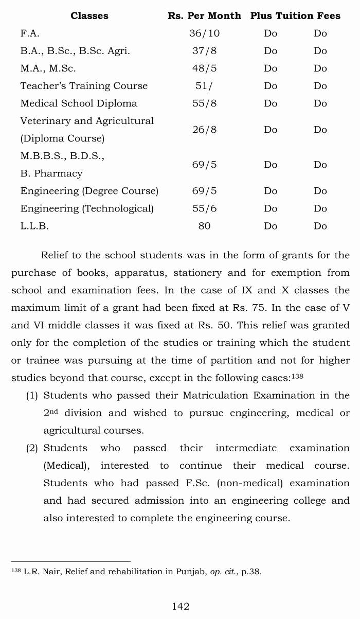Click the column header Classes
coord(89,16)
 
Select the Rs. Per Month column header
coord(204,16)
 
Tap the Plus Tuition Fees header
coord(295,16)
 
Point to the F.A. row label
coord(30,33)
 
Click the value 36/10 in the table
coord(204,33)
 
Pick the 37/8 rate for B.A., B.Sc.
coord(204,51)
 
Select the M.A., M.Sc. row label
coord(48,68)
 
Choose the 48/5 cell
coord(204,68)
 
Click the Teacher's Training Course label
coord(84,86)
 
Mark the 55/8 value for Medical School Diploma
coord(204,103)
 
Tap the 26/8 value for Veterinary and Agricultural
coord(204,130)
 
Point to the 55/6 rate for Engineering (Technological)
coord(204,208)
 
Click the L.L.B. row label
coord(34,226)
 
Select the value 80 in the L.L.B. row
coord(204,226)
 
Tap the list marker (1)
coord(32,396)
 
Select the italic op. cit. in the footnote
coord(222,572)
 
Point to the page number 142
coord(181,607)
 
